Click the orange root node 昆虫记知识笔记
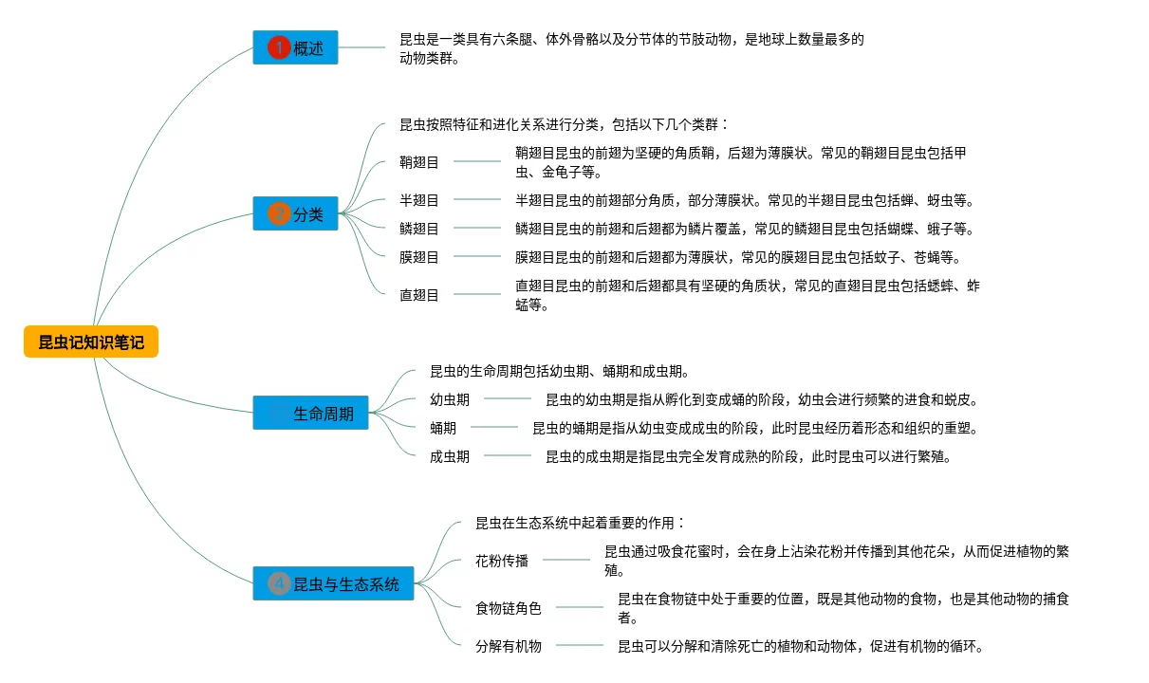[91, 342]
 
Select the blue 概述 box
[295, 47]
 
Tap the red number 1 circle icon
[279, 47]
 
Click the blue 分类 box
[295, 213]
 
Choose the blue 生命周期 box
[310, 413]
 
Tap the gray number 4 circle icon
[279, 583]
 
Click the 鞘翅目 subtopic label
[419, 162]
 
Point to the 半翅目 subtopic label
[419, 200]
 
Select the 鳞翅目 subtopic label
[419, 229]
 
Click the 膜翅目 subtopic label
[419, 257]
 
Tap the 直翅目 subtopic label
[419, 295]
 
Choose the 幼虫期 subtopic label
[450, 400]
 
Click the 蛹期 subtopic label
[443, 428]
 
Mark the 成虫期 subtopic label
[450, 456]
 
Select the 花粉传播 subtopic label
[502, 561]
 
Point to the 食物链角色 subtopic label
[509, 608]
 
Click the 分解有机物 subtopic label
[509, 646]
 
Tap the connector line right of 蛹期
[494, 428]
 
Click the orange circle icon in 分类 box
[279, 213]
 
